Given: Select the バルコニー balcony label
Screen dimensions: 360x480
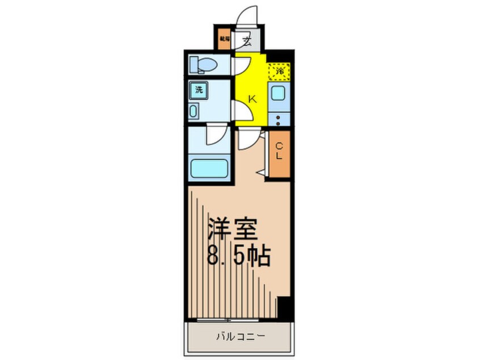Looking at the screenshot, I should pyautogui.click(x=239, y=336).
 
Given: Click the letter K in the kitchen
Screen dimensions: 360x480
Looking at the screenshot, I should pyautogui.click(x=252, y=98).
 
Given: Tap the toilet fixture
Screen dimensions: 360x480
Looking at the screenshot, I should pyautogui.click(x=205, y=65).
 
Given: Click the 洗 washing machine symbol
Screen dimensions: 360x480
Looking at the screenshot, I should pyautogui.click(x=199, y=89).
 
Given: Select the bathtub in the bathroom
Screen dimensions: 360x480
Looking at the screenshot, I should pyautogui.click(x=208, y=168).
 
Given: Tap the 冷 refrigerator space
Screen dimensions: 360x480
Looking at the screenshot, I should pyautogui.click(x=279, y=72).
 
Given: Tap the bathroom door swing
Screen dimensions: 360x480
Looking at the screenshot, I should pyautogui.click(x=216, y=135).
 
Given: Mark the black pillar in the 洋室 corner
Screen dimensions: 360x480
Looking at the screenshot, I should pyautogui.click(x=285, y=309).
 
